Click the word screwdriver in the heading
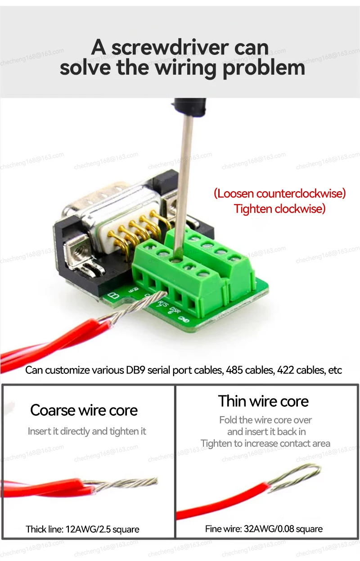[170, 48]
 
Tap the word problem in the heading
[264, 67]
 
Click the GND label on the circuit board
[184, 319]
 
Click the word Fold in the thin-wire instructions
[227, 420]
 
